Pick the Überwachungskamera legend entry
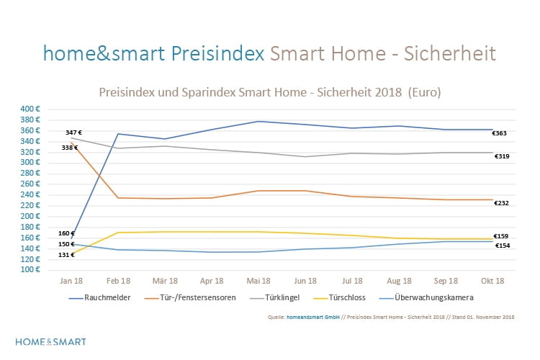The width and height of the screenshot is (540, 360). (x=428, y=297)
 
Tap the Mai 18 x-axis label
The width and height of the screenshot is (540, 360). (x=258, y=280)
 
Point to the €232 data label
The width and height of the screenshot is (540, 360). (x=501, y=203)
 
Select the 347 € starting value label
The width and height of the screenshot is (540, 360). (x=73, y=132)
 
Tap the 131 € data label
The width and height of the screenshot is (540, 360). (x=66, y=255)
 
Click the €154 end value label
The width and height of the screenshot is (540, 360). (x=502, y=246)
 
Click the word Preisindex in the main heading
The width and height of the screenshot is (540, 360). (x=218, y=53)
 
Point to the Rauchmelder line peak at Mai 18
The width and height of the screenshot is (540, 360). (x=258, y=121)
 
